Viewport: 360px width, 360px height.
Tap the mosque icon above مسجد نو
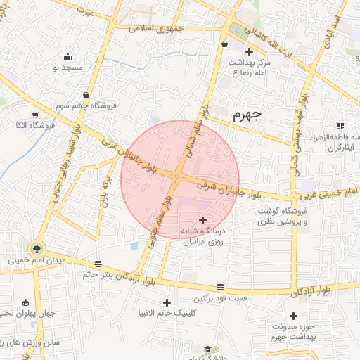67,57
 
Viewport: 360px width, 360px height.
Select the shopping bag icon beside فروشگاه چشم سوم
86,95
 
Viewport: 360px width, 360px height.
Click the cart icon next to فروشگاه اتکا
35,115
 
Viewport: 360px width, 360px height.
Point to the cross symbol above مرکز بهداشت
249,52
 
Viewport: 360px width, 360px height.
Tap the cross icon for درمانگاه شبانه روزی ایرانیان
204,220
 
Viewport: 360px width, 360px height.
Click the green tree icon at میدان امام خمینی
36,248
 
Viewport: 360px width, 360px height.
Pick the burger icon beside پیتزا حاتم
97,264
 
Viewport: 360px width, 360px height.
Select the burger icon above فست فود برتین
221,287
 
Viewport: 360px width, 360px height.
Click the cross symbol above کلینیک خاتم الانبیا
167,302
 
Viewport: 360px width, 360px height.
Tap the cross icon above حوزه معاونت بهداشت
293,316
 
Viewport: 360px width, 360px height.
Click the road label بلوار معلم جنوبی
161,221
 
